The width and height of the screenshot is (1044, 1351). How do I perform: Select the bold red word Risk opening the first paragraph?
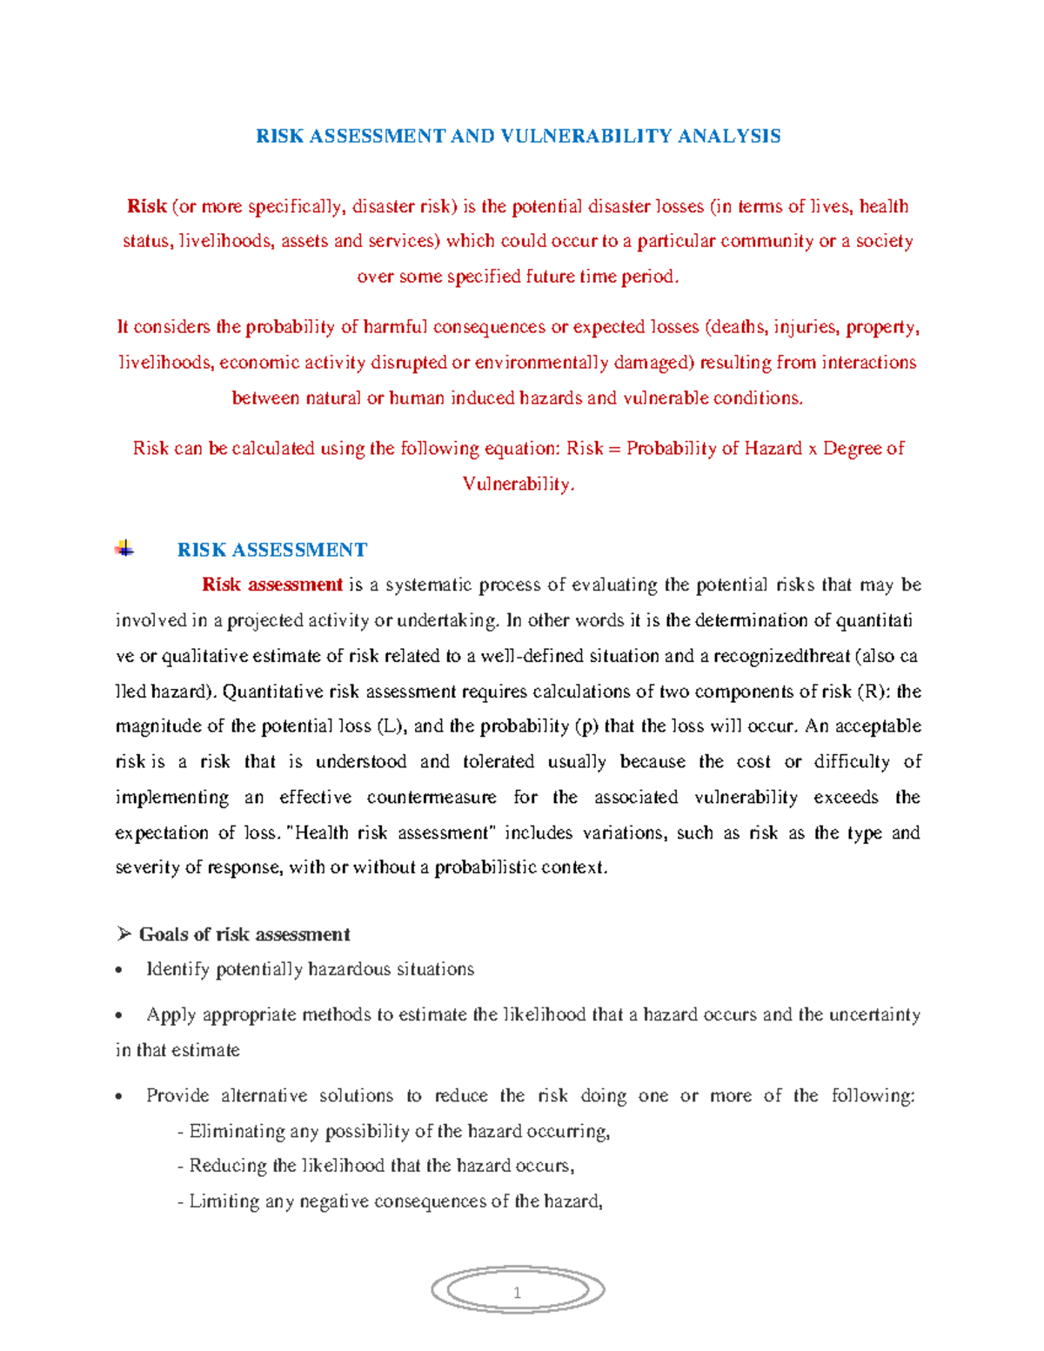[146, 206]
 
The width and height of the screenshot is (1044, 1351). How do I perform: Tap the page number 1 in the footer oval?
[517, 1292]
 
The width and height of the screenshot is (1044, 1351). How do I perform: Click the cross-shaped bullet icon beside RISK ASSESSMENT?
[124, 549]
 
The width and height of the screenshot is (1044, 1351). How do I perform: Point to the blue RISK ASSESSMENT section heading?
[271, 550]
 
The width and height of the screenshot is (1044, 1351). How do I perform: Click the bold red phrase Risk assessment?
[271, 585]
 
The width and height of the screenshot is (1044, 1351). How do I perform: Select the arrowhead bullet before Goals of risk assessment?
[124, 934]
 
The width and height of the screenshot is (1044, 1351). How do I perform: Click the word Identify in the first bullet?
[177, 969]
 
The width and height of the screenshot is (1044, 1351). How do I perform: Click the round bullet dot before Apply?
[120, 1015]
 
